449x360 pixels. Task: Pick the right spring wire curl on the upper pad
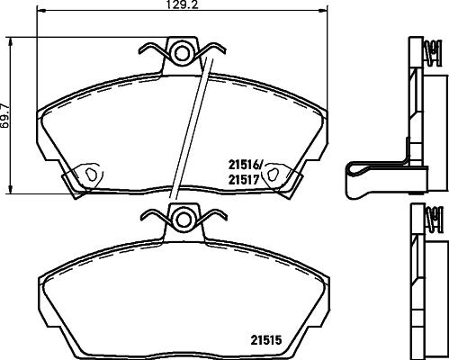coord(213,49)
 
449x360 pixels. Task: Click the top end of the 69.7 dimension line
coord(11,39)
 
